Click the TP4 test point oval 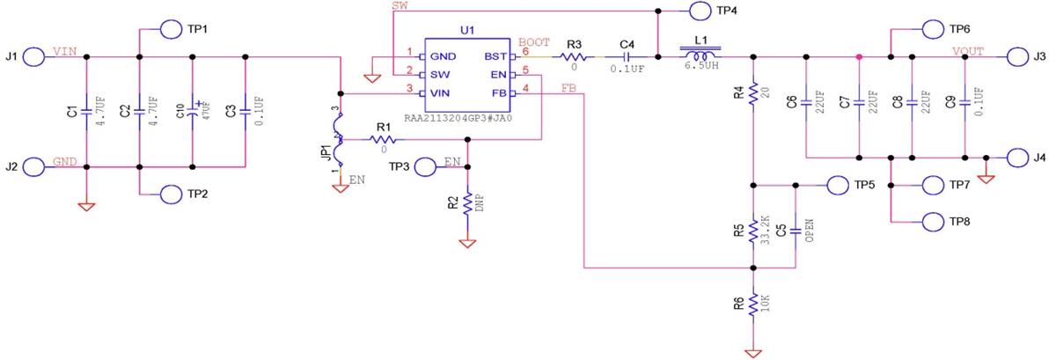tap(700, 11)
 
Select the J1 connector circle tap(34, 57)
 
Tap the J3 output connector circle tap(1016, 57)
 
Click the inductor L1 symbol tap(701, 53)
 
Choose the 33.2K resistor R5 tap(753, 231)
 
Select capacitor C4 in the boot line tap(626, 57)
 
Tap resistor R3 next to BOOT tap(574, 57)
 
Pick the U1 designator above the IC tap(468, 30)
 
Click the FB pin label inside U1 tap(498, 93)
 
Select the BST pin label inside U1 tap(495, 56)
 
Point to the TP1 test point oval tap(172, 28)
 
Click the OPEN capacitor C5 tap(796, 231)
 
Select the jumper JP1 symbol tap(340, 141)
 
